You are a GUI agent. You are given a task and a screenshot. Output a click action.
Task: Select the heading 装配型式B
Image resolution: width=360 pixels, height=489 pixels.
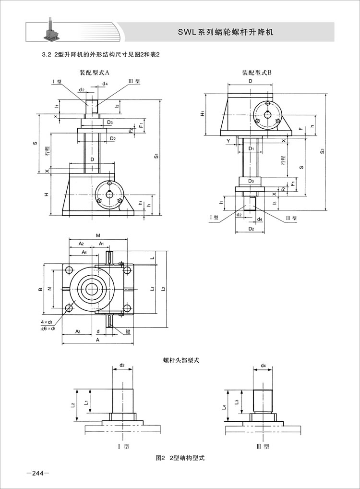257,73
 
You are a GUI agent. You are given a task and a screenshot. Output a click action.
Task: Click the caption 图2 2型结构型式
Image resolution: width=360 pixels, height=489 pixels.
180,458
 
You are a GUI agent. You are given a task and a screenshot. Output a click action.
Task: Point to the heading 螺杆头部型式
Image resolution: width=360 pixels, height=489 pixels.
181,359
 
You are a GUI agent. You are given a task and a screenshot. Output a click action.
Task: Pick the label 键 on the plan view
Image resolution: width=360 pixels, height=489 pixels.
129,331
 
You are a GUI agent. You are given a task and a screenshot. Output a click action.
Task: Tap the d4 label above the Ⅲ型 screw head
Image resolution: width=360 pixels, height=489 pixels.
264,366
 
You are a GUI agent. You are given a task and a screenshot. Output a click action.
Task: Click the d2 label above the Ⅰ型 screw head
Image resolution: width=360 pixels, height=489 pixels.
122,366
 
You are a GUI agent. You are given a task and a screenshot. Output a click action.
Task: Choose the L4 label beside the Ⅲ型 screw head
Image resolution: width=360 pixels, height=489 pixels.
225,407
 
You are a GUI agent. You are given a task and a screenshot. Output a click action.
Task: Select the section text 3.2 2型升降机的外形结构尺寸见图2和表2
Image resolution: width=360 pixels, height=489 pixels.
101,54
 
